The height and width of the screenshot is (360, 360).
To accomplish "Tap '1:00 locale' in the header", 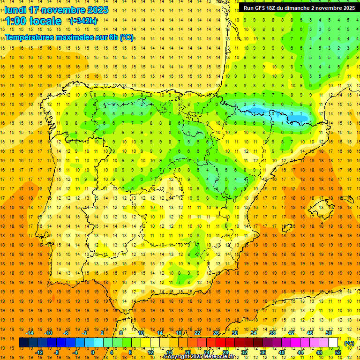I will point(33,21).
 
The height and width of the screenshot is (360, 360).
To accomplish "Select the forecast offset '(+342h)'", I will point(83,21).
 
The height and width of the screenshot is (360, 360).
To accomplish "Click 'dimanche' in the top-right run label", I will point(298,8).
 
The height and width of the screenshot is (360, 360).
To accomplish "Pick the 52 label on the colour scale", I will point(338,352).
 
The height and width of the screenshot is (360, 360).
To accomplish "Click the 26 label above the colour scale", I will point(216,333).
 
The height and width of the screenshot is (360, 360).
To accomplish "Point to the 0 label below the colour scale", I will point(92,352).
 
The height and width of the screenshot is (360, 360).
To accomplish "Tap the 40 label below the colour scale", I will point(282,352).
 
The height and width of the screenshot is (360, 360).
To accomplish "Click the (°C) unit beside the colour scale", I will point(349,343).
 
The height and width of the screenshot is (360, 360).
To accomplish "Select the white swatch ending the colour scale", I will point(333,343).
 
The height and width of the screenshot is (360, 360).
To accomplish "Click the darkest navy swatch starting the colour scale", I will point(23,343).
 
